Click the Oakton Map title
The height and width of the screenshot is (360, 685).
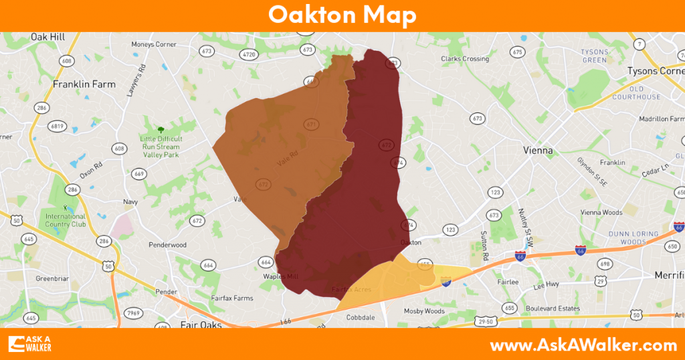(342, 15)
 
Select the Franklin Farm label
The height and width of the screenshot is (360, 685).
(84, 84)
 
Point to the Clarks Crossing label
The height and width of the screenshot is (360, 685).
(465, 59)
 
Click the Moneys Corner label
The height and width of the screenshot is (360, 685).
(154, 45)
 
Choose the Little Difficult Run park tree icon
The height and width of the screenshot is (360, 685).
(160, 129)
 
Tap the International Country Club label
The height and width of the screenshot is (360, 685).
(66, 220)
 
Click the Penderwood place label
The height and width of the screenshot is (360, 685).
(167, 245)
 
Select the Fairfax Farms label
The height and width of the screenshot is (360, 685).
(232, 298)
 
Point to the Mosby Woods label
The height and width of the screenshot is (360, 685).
(424, 311)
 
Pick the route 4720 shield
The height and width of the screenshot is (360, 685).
(249, 54)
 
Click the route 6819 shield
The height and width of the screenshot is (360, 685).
(58, 126)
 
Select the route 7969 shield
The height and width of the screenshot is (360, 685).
(134, 312)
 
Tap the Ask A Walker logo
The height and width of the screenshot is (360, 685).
(30, 343)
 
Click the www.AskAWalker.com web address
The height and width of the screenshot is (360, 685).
(583, 345)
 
